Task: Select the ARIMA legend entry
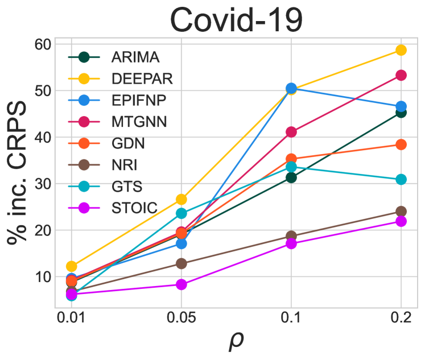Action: [135, 57]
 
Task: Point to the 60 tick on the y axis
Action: [44, 44]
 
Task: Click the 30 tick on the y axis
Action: [44, 184]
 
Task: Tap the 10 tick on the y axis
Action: [44, 277]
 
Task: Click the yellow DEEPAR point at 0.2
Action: [401, 50]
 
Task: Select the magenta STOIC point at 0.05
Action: [181, 284]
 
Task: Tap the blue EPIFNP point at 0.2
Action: [401, 106]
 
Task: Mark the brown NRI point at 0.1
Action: [291, 236]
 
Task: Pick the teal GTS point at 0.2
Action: [401, 180]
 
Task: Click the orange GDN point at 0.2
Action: [401, 144]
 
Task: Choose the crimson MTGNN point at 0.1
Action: [291, 132]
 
